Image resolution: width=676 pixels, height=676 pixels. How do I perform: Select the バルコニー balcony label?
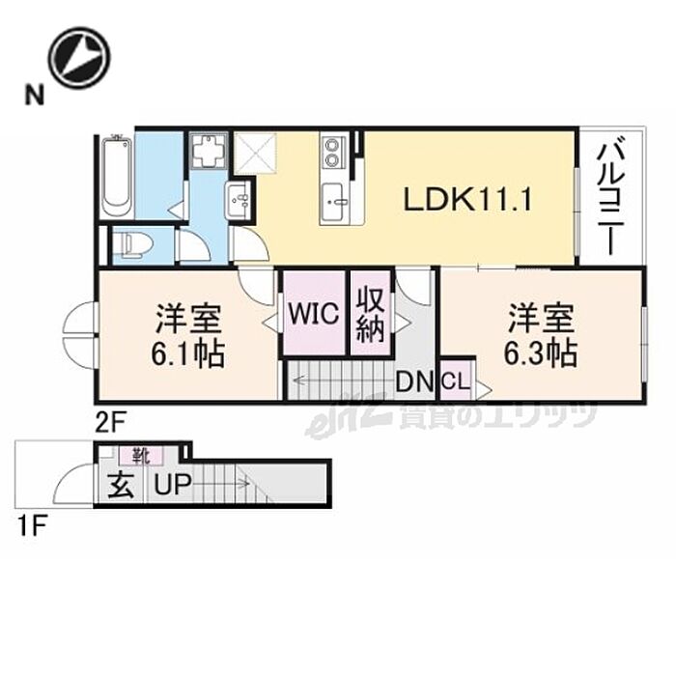pyautogui.click(x=609, y=199)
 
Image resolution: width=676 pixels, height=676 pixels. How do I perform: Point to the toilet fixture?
pyautogui.click(x=127, y=246)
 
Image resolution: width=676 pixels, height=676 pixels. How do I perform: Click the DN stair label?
pyautogui.click(x=416, y=382)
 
